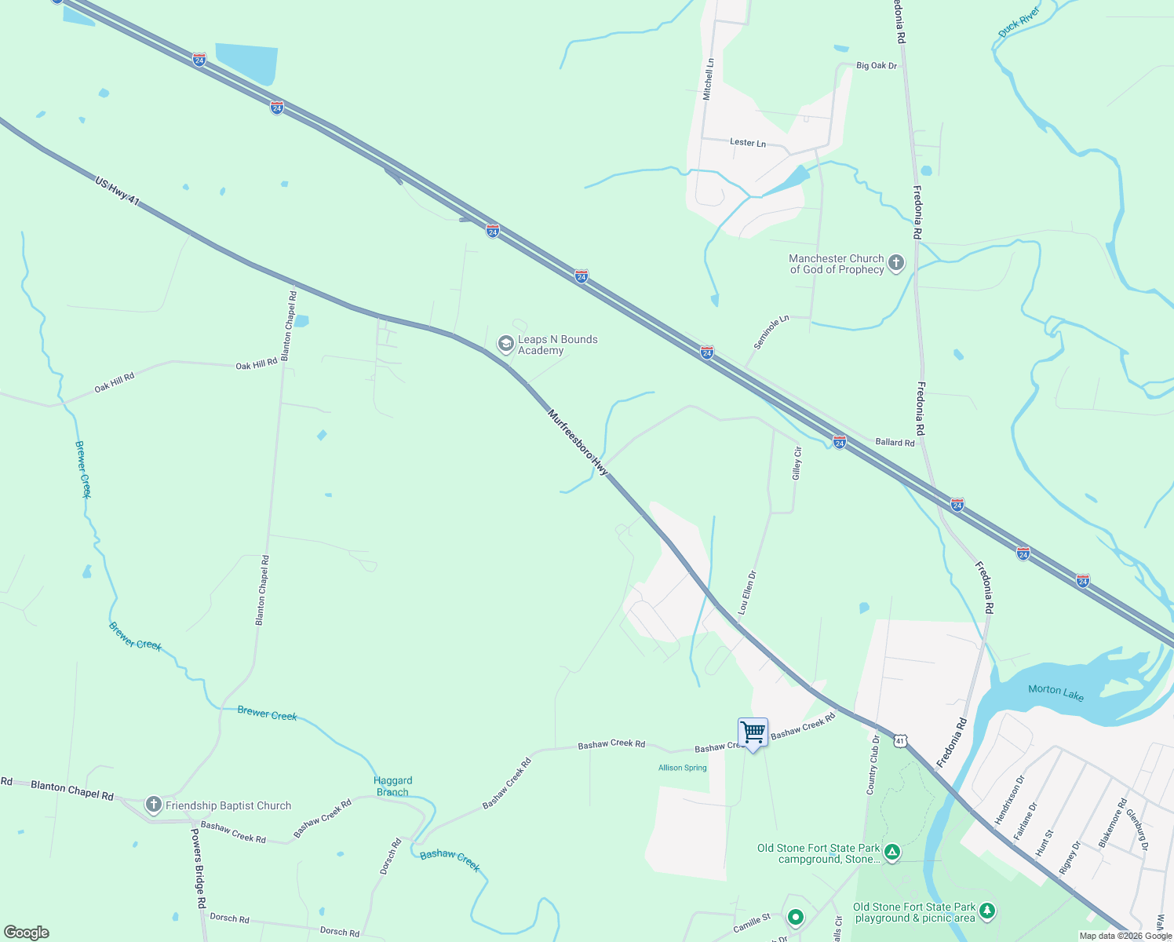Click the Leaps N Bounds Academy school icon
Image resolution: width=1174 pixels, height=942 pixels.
506,344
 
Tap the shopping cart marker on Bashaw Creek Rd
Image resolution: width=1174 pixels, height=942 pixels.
753,733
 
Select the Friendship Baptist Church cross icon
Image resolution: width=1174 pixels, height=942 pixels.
154,805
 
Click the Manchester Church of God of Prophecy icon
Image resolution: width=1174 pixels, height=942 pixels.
896,263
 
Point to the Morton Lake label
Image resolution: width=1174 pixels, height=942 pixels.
1056,692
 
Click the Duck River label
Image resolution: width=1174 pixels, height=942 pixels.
1019,23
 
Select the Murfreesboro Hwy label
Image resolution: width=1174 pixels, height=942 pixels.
578,442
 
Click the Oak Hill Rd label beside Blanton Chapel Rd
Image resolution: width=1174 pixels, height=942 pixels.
257,364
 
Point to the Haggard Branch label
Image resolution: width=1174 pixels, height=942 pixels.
393,786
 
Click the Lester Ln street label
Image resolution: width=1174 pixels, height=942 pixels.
747,143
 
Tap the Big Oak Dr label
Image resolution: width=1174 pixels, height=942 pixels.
877,66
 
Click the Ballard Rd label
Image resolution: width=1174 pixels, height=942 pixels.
895,443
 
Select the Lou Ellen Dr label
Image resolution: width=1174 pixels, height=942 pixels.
747,592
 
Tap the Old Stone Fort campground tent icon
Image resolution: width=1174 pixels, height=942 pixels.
891,853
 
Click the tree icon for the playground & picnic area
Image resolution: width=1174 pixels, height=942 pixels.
987,911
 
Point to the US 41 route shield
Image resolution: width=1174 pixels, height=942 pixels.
900,740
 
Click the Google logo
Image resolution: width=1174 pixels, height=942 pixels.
27,932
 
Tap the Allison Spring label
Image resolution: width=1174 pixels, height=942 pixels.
682,768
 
